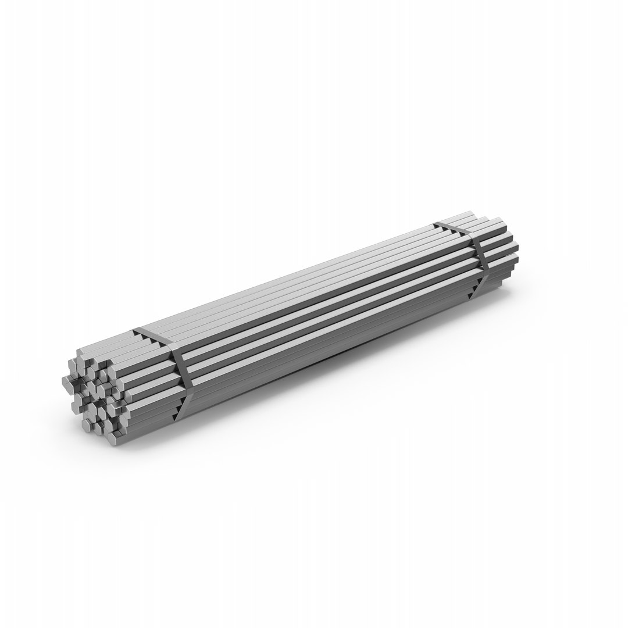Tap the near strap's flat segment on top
(152, 337)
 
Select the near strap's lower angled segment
(183, 407)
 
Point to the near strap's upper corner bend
(170, 348)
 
